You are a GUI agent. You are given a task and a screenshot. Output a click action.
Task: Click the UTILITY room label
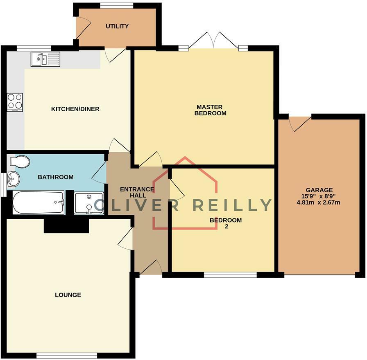[x=117, y=26]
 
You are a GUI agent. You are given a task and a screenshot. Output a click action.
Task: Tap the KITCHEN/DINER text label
[x=75, y=109]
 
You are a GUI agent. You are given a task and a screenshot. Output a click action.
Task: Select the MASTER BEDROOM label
[x=210, y=110]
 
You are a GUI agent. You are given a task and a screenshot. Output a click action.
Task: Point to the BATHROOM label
[x=56, y=177]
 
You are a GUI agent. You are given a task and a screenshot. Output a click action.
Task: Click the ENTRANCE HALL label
[x=137, y=192]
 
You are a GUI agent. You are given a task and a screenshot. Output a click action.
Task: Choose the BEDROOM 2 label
[x=226, y=223]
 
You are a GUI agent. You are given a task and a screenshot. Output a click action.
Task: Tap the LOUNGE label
[x=68, y=295]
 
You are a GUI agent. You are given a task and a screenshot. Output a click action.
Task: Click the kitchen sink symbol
[x=45, y=59]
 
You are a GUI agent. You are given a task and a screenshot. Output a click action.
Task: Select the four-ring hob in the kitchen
[x=15, y=102]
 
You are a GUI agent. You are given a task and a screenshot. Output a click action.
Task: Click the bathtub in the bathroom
[x=38, y=203]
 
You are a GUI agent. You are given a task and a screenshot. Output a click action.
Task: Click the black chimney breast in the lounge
[x=66, y=226]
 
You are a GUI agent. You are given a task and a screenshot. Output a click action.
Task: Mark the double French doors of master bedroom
[x=213, y=42]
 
